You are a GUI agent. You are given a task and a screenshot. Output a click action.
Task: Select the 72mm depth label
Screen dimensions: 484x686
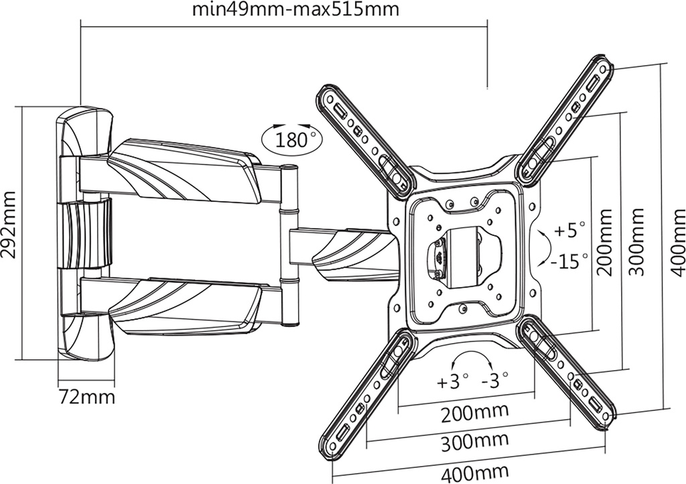pos(86,397)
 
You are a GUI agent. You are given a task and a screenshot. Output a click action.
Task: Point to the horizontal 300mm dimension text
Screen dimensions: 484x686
pos(474,442)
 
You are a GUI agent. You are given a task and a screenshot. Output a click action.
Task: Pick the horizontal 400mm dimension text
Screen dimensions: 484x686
pos(474,473)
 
